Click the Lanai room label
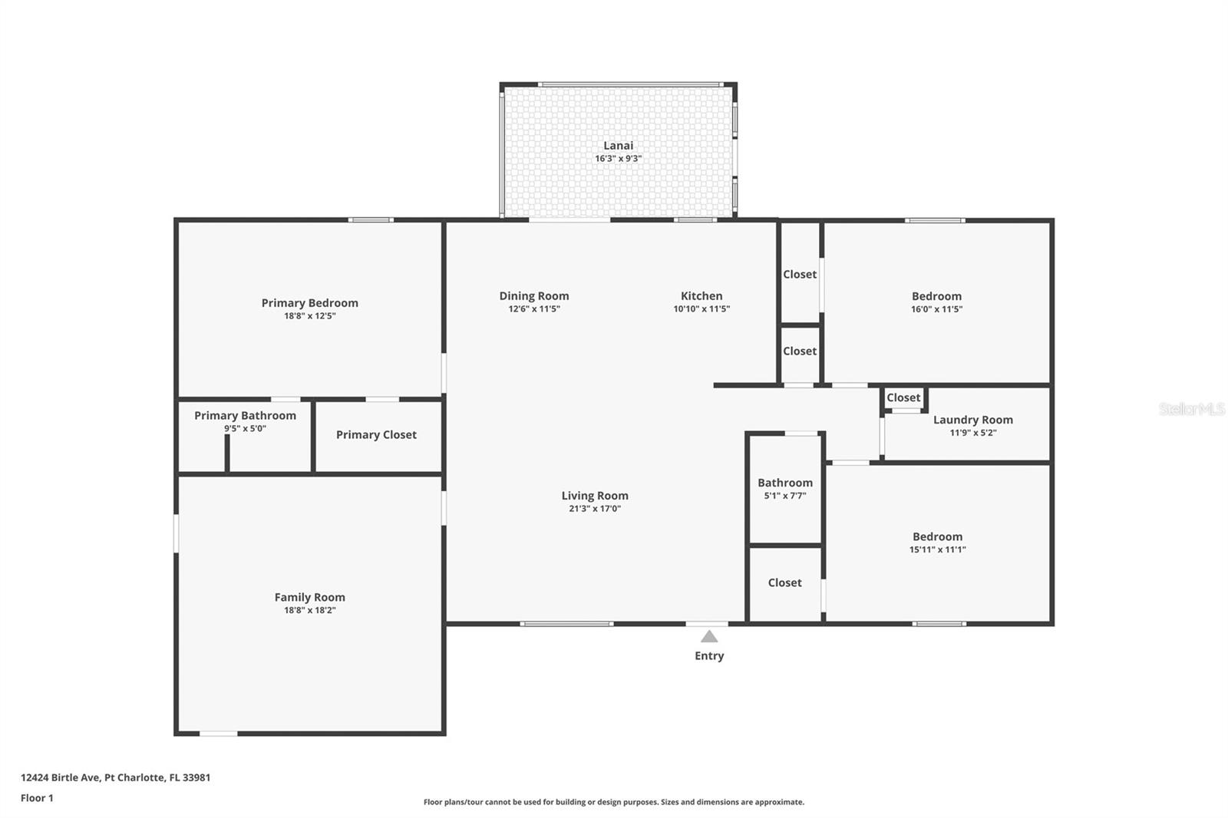click(618, 145)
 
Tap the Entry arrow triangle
click(709, 636)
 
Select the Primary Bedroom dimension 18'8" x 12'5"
click(310, 316)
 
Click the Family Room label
click(310, 597)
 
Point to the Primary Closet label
click(376, 435)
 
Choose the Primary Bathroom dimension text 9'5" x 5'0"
click(245, 428)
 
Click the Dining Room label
click(534, 296)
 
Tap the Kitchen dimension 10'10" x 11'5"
click(701, 308)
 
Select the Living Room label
click(595, 496)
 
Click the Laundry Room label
click(973, 420)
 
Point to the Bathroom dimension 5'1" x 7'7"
click(785, 496)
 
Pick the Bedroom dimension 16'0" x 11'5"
click(936, 309)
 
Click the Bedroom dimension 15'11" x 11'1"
click(937, 549)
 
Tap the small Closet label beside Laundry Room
click(903, 397)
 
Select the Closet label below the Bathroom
click(784, 582)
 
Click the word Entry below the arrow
click(709, 656)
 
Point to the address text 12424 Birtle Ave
click(61, 777)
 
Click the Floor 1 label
click(37, 798)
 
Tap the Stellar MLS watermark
click(1192, 409)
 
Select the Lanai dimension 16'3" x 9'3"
click(619, 158)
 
